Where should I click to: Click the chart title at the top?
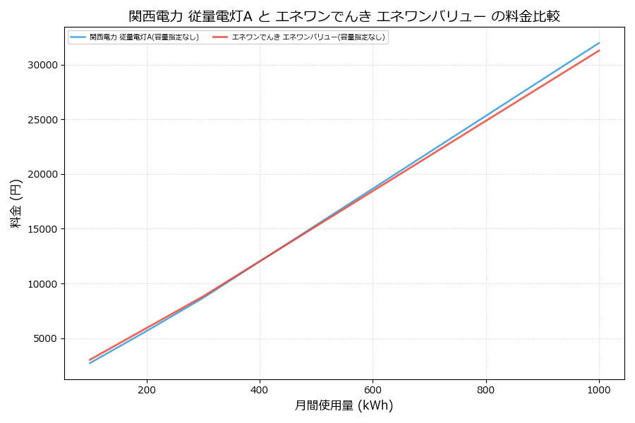coord(344,16)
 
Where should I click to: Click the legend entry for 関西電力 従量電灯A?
coord(144,37)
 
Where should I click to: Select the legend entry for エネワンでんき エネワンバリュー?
coord(308,37)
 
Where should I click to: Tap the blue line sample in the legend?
coord(78,37)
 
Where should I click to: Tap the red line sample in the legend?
coord(220,37)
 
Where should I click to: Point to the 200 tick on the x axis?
coord(147,389)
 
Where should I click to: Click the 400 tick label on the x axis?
coord(260,389)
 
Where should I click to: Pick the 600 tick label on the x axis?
coord(373,389)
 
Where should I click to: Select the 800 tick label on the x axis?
coord(486,389)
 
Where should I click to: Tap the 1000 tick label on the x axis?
coord(599,389)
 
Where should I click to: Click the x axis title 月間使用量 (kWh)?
coord(344,406)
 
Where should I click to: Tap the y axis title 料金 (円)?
coord(16,203)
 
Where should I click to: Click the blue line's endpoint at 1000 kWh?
coord(599,42)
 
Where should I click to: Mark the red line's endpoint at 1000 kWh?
coord(599,50)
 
